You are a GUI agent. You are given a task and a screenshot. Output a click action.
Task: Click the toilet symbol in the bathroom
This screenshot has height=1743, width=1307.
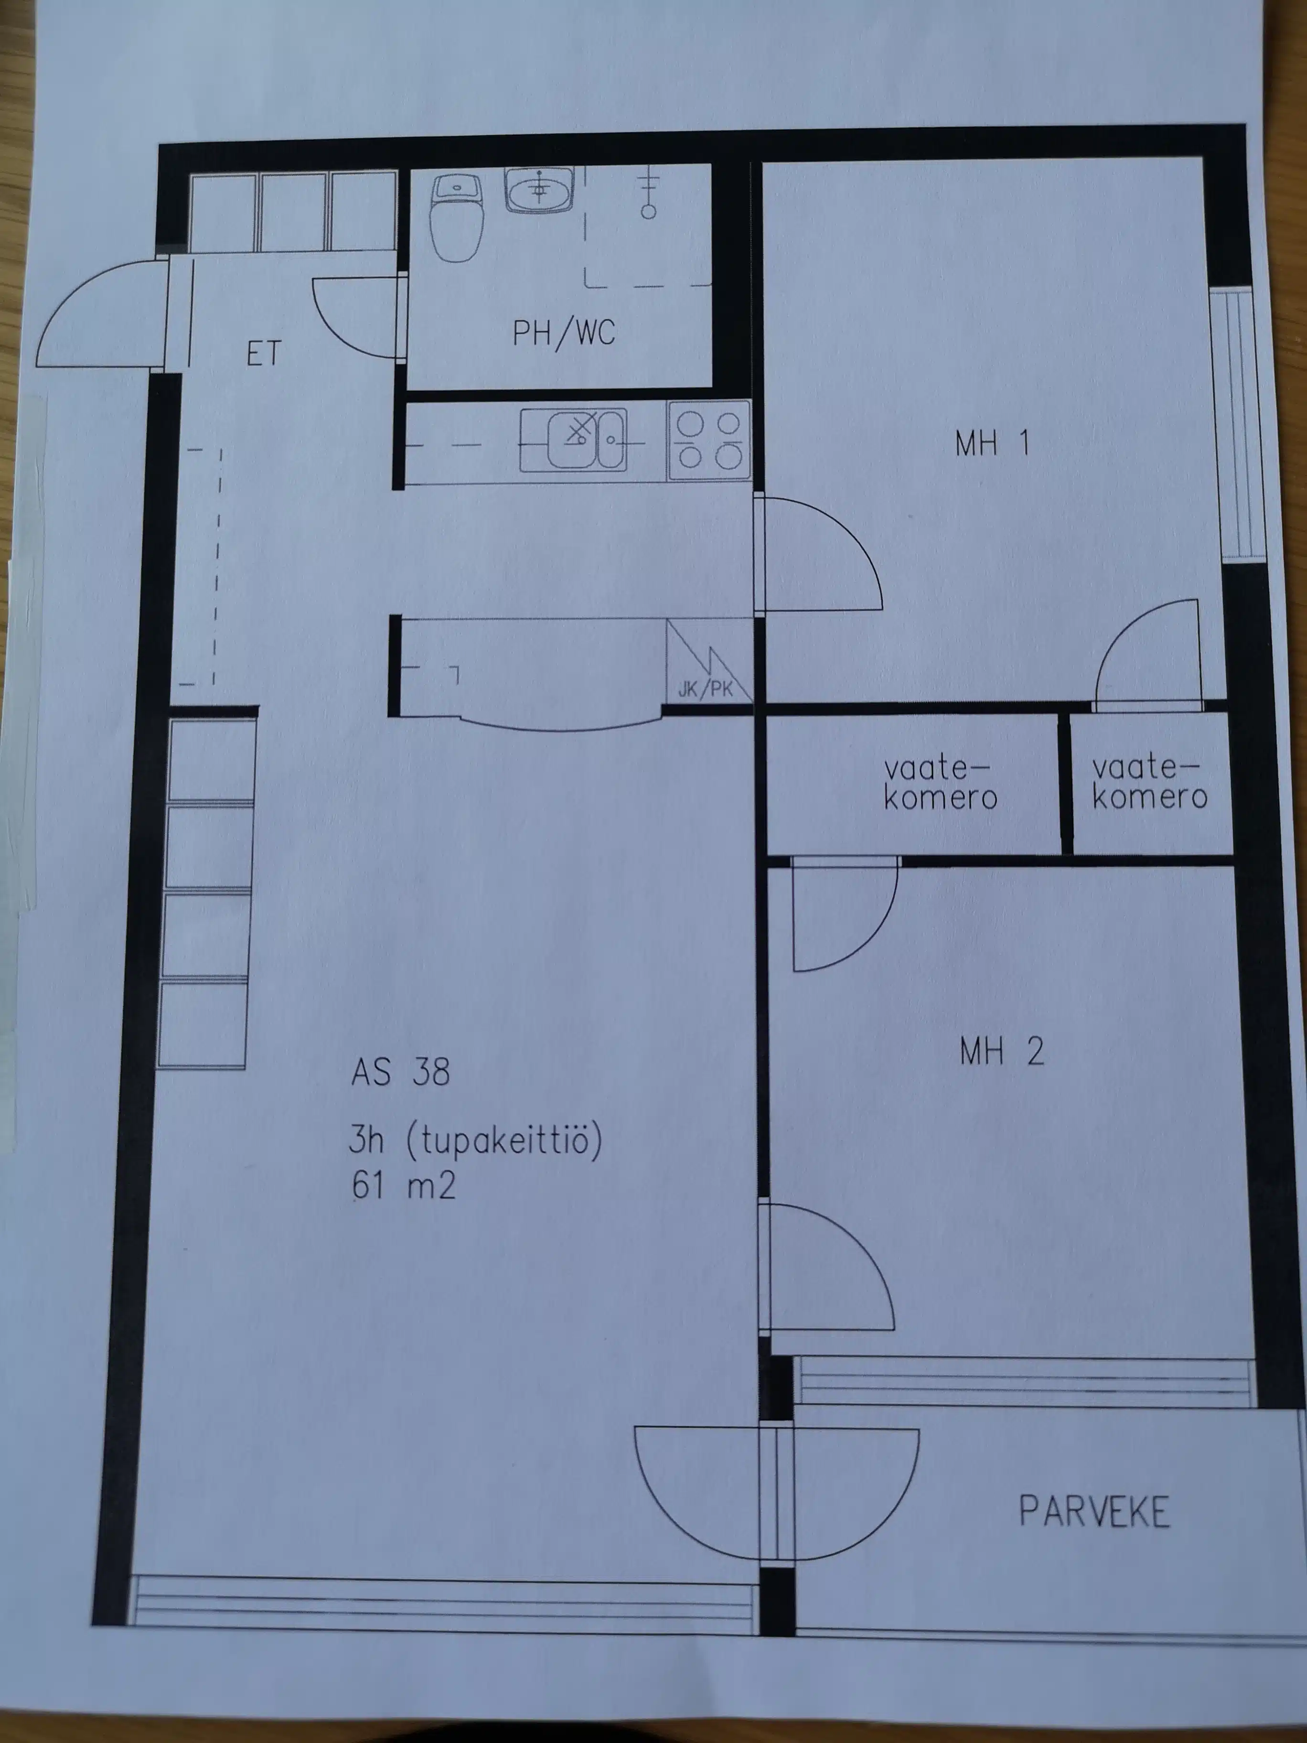click(x=457, y=217)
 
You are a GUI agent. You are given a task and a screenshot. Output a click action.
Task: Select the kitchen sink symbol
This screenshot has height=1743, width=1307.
click(x=585, y=440)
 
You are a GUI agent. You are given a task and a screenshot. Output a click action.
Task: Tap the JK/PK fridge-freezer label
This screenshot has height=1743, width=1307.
click(x=705, y=689)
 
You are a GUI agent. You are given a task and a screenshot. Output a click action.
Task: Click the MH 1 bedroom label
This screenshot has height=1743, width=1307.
click(x=992, y=443)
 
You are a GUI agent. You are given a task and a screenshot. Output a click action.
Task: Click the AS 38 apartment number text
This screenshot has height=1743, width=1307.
click(x=400, y=1073)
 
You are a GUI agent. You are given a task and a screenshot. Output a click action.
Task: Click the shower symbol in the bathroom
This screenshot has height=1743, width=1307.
click(x=648, y=193)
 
